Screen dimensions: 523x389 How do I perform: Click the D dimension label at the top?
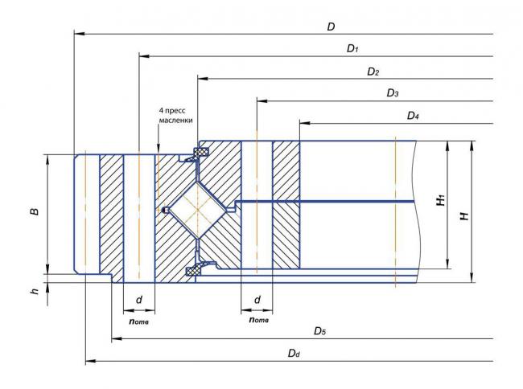(331, 27)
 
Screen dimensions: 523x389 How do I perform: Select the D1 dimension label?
(352, 48)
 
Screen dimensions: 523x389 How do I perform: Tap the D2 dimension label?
(373, 72)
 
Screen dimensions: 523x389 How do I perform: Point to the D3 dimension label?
(393, 93)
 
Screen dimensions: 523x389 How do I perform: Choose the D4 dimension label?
(413, 116)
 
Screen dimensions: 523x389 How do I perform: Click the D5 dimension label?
(319, 331)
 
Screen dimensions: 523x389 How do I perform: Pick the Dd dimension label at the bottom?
(294, 353)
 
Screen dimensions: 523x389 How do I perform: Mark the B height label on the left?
(35, 211)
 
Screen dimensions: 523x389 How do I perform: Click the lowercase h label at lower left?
(35, 291)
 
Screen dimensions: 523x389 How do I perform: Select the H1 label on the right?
(441, 200)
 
